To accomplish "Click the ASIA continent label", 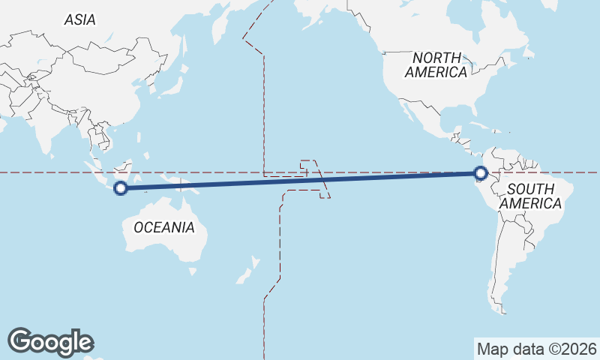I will point(80,20).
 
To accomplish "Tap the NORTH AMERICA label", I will point(436,65).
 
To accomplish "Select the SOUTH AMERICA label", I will point(530,196).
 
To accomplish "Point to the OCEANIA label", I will point(164,227).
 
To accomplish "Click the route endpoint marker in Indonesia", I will point(120,188).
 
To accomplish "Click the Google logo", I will point(51,342).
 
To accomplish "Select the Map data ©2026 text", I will point(537,349).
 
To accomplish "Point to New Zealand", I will point(247,271).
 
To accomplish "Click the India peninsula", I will point(52,127).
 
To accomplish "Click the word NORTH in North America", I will point(436,58).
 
